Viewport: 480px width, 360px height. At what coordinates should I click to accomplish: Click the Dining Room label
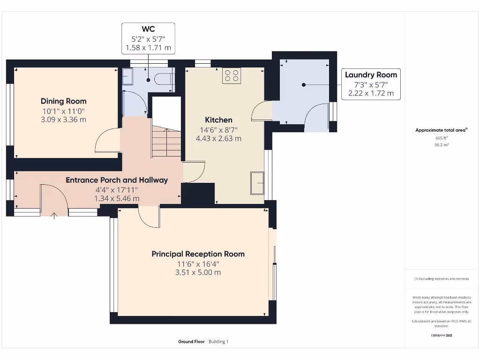63,101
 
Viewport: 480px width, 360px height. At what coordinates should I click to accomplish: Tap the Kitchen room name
218,120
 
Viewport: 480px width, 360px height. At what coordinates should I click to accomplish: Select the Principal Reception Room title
198,254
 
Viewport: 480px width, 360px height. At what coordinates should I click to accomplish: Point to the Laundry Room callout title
371,75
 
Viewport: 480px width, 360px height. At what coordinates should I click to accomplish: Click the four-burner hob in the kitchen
231,75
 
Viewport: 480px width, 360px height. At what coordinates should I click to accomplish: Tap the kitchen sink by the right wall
257,183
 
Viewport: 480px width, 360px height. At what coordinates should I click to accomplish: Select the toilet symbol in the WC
164,78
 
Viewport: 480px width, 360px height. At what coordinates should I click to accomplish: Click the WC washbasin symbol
127,76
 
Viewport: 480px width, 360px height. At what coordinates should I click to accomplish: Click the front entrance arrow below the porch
54,216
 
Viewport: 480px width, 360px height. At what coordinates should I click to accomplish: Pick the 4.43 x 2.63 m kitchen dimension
218,138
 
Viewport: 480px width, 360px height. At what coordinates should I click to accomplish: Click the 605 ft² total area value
441,138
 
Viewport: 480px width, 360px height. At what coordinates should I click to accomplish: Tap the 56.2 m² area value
441,145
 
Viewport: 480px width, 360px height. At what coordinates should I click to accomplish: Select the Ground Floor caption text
191,342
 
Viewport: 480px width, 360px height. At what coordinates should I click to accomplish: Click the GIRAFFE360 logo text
441,336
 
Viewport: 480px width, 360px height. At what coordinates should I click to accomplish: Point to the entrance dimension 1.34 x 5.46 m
117,198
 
